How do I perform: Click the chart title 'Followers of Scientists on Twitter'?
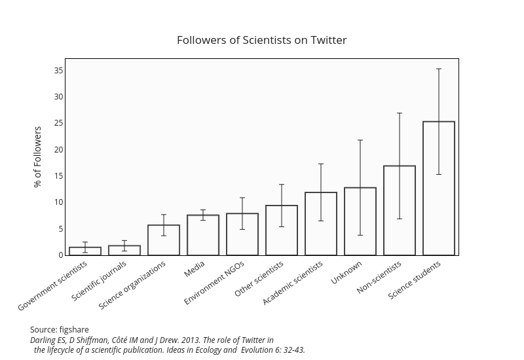(261, 40)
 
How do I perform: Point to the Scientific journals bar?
(124, 250)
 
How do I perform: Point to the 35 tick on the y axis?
(59, 71)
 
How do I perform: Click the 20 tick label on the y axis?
(59, 149)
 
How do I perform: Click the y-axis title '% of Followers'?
(38, 156)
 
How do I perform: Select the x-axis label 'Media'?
(195, 269)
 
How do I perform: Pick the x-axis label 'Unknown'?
(346, 273)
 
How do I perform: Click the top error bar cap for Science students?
(439, 69)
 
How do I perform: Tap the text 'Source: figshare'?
(60, 329)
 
